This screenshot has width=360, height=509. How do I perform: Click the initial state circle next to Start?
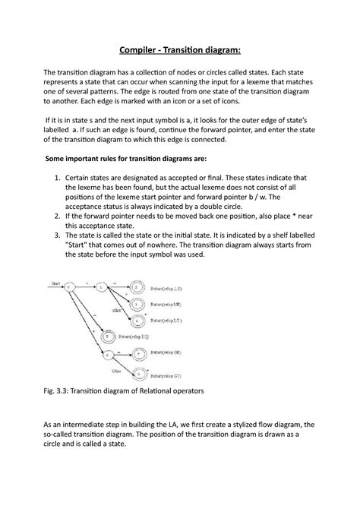pyautogui.click(x=70, y=287)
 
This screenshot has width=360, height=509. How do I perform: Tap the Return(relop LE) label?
pyautogui.click(x=167, y=289)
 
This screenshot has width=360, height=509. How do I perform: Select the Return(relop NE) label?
pyautogui.click(x=167, y=304)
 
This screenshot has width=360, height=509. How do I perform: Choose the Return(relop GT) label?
pyautogui.click(x=167, y=375)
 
